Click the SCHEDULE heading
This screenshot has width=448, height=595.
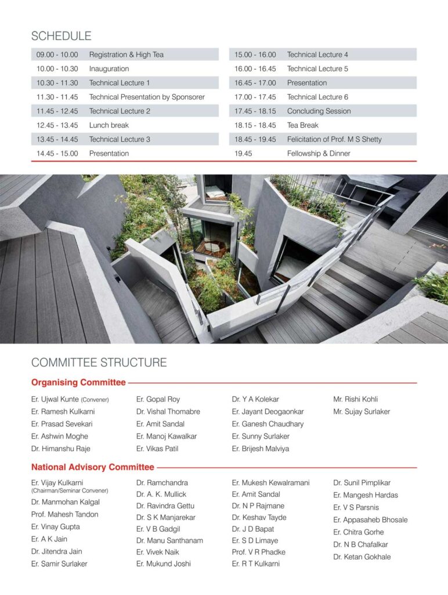61,36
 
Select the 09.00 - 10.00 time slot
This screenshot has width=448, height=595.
57,55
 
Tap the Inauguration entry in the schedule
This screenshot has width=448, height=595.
109,69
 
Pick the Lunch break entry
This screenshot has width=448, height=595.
109,125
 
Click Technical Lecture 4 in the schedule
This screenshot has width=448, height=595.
317,55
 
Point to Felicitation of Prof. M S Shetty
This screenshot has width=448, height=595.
334,139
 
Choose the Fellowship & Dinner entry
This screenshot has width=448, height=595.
319,153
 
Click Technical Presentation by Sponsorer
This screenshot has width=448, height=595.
147,97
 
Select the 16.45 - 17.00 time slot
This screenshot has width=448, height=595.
255,83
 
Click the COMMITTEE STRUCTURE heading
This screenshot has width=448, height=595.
99,363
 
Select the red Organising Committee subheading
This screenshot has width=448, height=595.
78,382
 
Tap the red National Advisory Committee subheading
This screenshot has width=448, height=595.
93,467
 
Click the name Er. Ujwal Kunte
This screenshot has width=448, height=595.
55,399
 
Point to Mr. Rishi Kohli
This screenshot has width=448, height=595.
355,399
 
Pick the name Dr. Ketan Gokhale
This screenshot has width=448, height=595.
362,557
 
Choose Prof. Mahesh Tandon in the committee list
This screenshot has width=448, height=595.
65,514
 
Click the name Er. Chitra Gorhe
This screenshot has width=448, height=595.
358,532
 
